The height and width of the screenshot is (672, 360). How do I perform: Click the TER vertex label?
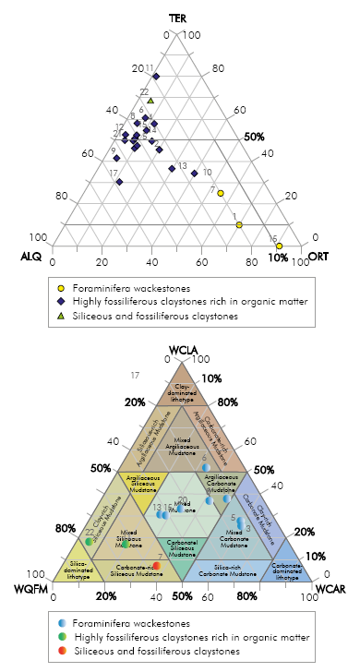178,18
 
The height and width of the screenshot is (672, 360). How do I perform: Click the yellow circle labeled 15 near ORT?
279,245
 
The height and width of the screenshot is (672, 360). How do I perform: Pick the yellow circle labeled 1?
239,225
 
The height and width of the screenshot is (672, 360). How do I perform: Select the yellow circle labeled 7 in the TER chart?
222,194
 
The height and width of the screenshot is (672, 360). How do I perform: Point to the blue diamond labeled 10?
194,174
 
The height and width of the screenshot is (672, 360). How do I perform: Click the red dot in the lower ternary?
156,565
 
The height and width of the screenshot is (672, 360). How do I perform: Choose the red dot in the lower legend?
61,650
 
